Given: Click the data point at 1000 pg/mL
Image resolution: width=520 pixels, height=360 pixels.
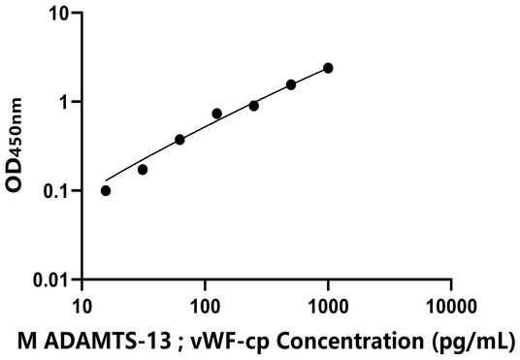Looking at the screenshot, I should pyautogui.click(x=328, y=68).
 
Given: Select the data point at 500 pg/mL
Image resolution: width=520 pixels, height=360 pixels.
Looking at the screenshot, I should pyautogui.click(x=291, y=84).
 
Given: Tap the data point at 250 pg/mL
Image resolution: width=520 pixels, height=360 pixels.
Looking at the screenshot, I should pyautogui.click(x=254, y=105).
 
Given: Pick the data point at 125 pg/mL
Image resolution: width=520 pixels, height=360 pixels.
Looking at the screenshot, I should pyautogui.click(x=216, y=114).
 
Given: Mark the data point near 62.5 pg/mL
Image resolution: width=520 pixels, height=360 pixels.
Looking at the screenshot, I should pyautogui.click(x=179, y=140).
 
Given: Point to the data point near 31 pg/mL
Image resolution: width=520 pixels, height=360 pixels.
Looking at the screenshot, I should pyautogui.click(x=143, y=169).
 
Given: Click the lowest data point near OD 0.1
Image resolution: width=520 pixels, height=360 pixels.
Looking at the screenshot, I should pyautogui.click(x=106, y=190).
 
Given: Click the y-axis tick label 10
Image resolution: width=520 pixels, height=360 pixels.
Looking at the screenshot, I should pyautogui.click(x=57, y=15).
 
